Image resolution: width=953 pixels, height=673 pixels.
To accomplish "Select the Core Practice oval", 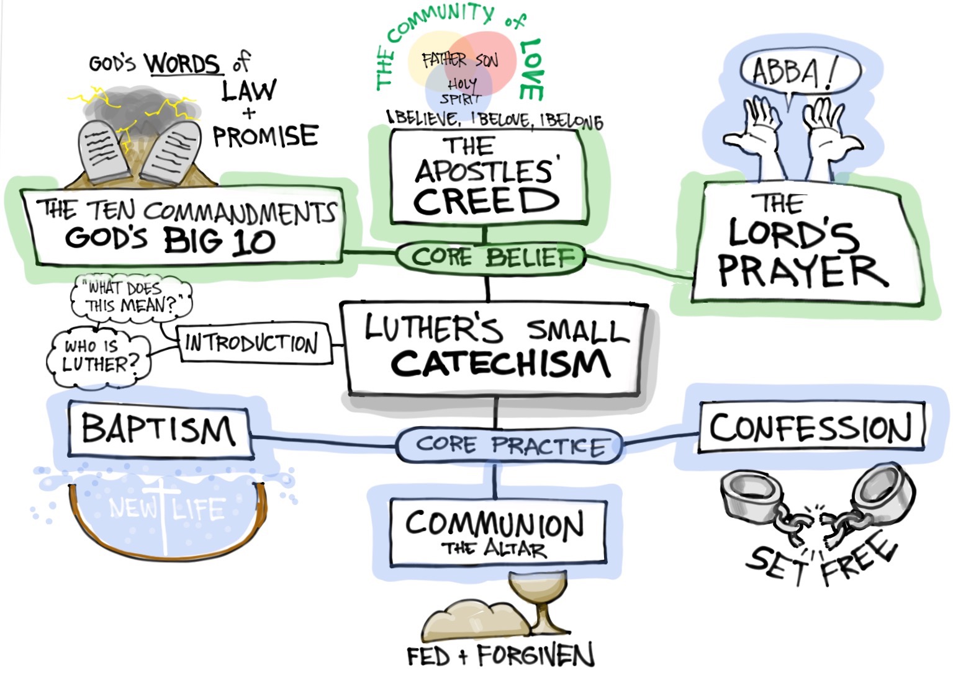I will (509, 445).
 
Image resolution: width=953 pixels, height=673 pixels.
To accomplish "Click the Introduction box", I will (252, 343).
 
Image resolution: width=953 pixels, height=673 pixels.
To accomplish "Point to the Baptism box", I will (159, 430).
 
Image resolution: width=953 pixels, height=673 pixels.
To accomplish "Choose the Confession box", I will (811, 428).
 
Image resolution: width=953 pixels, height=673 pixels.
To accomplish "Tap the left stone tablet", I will (102, 152).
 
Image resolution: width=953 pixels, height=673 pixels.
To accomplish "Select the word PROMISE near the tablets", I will (266, 136).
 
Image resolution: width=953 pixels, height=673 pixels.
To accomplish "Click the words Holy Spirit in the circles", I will (461, 91).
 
